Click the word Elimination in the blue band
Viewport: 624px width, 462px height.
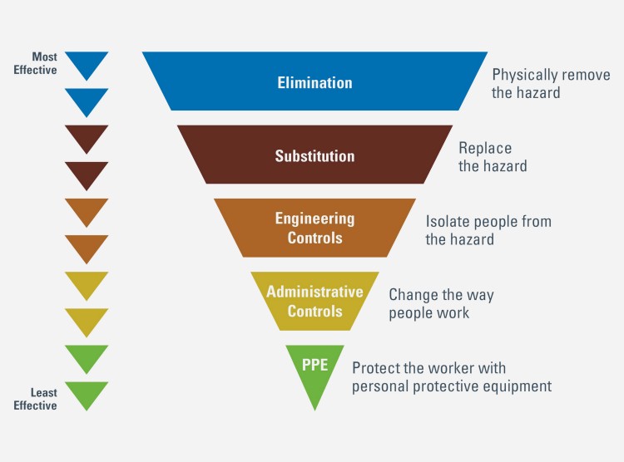pos(314,83)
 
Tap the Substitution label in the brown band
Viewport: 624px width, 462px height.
pos(314,156)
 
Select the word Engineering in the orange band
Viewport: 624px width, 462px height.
pos(314,219)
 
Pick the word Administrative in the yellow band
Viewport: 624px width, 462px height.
pos(314,292)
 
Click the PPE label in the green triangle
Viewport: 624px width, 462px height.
pos(314,365)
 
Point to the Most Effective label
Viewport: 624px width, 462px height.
pos(36,63)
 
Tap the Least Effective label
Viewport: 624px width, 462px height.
pos(36,399)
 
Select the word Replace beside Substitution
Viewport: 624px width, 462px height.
pos(485,148)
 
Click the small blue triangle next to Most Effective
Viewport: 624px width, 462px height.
pos(87,64)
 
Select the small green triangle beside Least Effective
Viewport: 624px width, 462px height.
pos(87,394)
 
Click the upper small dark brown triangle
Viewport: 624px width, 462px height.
pos(87,137)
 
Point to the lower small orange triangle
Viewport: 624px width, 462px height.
pos(87,247)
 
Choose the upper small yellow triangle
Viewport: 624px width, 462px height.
pos(87,283)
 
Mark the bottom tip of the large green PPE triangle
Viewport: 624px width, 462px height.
pos(314,410)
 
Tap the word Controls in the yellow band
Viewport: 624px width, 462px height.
pos(314,311)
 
